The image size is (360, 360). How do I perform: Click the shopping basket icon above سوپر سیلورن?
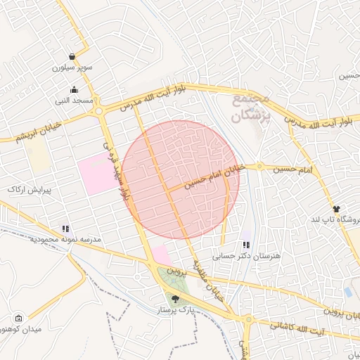[x=73, y=56]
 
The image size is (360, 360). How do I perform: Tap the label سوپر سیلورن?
[x=73, y=68]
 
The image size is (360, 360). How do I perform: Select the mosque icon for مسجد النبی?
[x=75, y=89]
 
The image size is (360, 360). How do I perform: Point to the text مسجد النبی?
[x=75, y=101]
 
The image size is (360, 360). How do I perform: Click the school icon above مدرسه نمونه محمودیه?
[x=65, y=229]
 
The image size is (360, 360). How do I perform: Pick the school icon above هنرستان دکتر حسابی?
[x=246, y=245]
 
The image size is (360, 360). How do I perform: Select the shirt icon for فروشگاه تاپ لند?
[x=336, y=209]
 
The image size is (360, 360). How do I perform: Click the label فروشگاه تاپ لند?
[x=337, y=220]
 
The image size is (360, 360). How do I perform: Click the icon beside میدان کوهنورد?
[x=18, y=318]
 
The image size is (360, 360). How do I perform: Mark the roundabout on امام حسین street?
[x=259, y=167]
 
